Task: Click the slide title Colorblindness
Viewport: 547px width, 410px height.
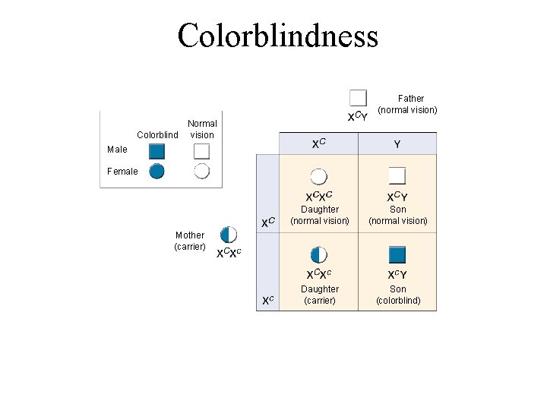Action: pyautogui.click(x=277, y=36)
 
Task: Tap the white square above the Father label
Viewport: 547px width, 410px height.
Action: pyautogui.click(x=358, y=98)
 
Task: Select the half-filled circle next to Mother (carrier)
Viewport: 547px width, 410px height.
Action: pyautogui.click(x=228, y=235)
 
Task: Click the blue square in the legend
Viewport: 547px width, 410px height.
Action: pyautogui.click(x=157, y=151)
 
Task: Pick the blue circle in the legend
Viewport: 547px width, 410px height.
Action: pyautogui.click(x=157, y=171)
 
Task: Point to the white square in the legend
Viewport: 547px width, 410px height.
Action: pyautogui.click(x=201, y=151)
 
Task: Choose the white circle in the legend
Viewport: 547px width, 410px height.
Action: pyautogui.click(x=201, y=171)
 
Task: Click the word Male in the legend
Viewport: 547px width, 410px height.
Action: pyautogui.click(x=118, y=150)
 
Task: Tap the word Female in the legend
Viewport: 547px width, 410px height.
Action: pyautogui.click(x=122, y=172)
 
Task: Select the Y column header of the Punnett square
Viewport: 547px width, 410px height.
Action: pyautogui.click(x=397, y=143)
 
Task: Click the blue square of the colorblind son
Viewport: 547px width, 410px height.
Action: pyautogui.click(x=397, y=254)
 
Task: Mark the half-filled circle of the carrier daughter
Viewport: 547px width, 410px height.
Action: pyautogui.click(x=319, y=254)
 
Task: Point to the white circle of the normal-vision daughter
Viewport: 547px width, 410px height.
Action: pyautogui.click(x=319, y=176)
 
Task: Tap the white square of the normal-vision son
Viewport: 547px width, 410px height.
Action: pyautogui.click(x=397, y=176)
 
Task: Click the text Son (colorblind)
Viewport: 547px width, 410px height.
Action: pyautogui.click(x=398, y=295)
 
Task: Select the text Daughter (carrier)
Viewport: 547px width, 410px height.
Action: pyautogui.click(x=320, y=295)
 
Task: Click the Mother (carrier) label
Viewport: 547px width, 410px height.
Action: pyautogui.click(x=189, y=241)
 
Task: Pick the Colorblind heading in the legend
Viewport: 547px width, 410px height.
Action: pyautogui.click(x=157, y=135)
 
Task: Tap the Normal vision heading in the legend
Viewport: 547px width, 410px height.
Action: pyautogui.click(x=202, y=129)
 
